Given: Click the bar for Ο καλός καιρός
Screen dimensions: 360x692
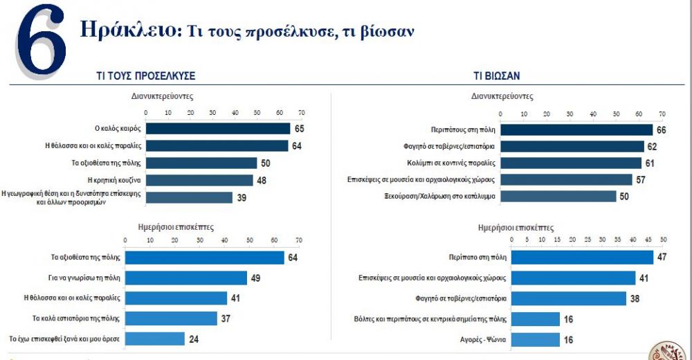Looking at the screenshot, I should [217, 129].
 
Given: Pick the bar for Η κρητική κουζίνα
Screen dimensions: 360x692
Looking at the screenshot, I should [199, 180].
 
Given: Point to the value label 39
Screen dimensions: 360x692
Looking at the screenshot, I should [242, 197].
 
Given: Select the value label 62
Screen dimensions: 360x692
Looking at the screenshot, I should [651, 146].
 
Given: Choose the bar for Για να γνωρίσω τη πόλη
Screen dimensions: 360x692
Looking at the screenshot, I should [185, 278].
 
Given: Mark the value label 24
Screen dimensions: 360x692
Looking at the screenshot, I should [194, 339].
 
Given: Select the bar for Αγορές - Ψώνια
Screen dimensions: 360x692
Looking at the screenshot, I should [535, 339].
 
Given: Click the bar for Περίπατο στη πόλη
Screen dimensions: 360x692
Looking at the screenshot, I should [582, 258].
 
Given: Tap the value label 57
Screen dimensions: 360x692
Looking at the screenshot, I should [641, 180].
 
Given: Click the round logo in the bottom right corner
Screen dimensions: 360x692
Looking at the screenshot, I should [668, 351].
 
